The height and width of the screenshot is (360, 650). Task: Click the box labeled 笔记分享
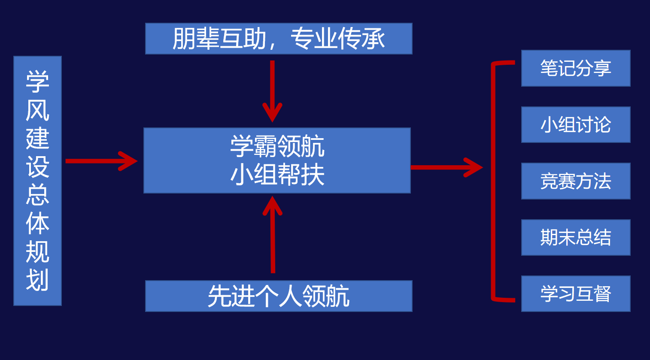point(575,68)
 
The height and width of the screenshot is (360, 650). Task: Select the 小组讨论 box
point(575,125)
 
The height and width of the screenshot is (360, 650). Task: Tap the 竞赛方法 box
point(575,181)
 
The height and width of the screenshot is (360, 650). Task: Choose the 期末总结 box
point(575,237)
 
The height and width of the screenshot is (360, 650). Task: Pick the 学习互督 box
point(575,294)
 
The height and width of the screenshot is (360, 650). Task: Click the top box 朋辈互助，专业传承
point(279,39)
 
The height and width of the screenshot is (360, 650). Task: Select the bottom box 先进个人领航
point(279,296)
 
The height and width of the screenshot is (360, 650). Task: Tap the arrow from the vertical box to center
point(101,161)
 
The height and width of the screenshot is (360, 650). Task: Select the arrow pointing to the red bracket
point(446,167)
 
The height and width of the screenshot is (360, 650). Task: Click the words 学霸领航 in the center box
point(277,147)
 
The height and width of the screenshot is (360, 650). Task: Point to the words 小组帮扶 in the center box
point(277,175)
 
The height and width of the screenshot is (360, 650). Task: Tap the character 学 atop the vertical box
point(37,81)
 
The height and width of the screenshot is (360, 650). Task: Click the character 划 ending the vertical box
point(37,281)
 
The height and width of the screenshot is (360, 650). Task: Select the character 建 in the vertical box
point(37,138)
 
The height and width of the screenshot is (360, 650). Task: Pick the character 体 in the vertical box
point(37,224)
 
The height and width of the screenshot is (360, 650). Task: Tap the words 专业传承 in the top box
point(338,39)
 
